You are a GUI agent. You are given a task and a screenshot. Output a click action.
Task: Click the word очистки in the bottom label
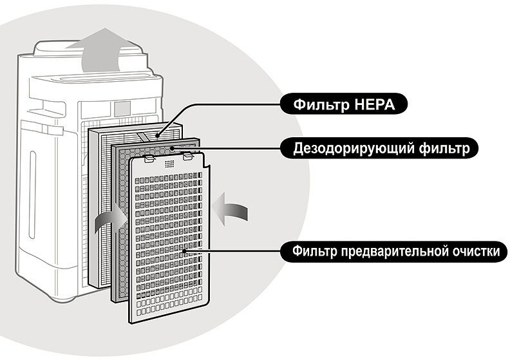pyautogui.click(x=472, y=251)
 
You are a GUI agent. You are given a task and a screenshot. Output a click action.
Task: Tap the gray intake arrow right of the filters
pyautogui.click(x=230, y=211)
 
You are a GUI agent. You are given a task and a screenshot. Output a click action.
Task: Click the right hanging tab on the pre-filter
pyautogui.click(x=188, y=155)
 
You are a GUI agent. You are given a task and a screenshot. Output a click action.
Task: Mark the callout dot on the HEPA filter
pyautogui.click(x=157, y=136)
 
